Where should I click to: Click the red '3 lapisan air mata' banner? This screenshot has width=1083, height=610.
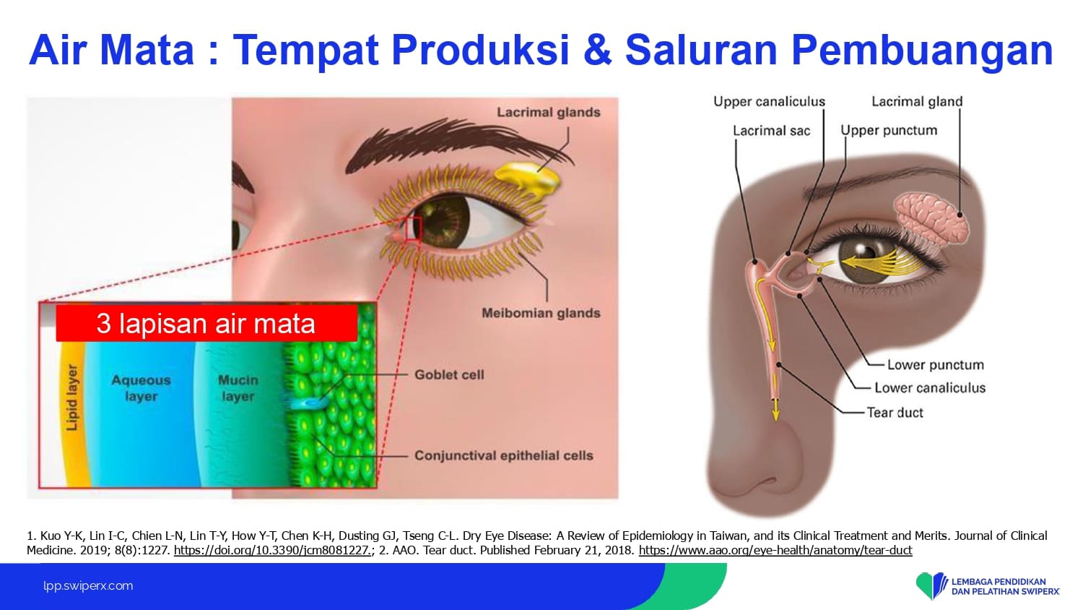pos(206,323)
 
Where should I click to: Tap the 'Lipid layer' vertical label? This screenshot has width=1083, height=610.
pos(71,398)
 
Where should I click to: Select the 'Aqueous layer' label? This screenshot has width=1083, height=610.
pos(142,388)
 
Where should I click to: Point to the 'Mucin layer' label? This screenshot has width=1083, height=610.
pos(238,388)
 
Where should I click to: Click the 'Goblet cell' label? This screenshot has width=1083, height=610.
pos(449,374)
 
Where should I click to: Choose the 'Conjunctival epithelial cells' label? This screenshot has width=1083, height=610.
pos(504,455)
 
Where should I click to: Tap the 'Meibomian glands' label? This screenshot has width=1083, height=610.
pos(541,313)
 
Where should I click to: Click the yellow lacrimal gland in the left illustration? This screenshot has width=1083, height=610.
pos(528,180)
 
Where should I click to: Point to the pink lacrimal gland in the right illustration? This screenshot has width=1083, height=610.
pos(932,219)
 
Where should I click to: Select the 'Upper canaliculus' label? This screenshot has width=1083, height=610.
pos(769,102)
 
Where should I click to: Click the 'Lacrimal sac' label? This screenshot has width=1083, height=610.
pos(771,131)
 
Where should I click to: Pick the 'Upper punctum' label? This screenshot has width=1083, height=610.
pos(889,131)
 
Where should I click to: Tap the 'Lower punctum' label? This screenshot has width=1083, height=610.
pos(936,365)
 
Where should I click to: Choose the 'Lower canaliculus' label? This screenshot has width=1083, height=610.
pos(930,388)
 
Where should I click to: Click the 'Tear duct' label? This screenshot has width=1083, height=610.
pos(895,413)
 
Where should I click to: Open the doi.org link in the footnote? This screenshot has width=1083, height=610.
pos(273,551)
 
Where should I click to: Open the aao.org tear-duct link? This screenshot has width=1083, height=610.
pos(775,551)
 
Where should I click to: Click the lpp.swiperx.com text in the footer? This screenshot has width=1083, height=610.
pos(88,586)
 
